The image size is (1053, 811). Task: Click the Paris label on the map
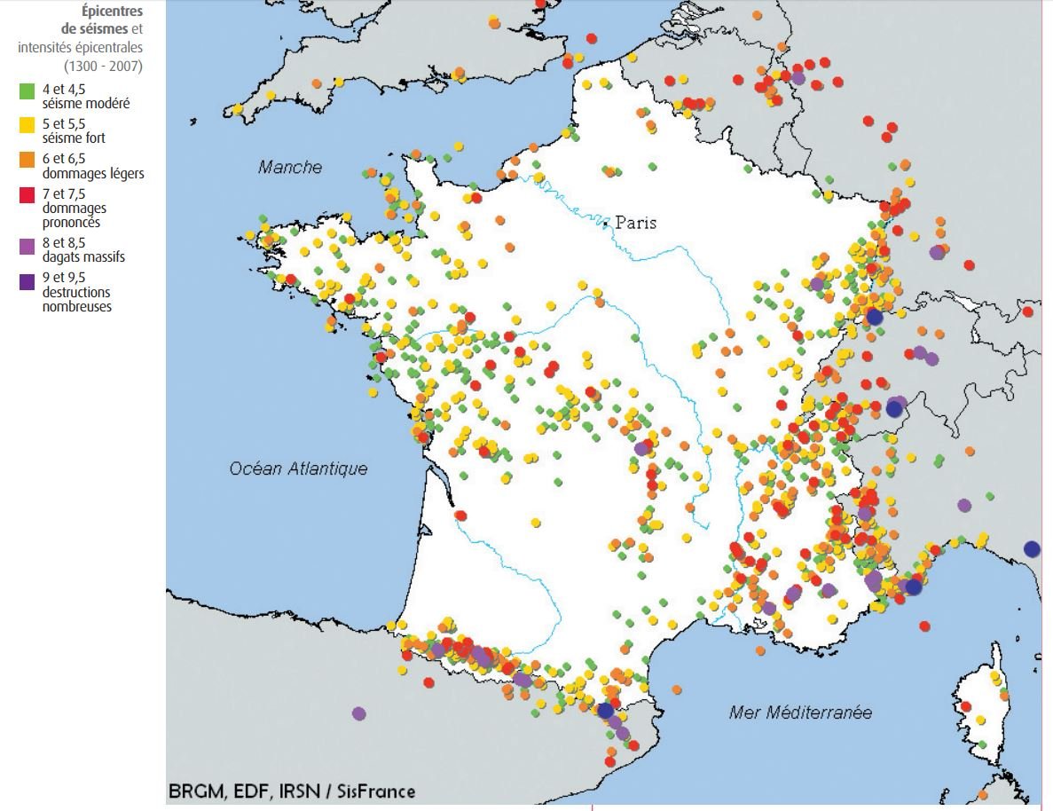pos(636,223)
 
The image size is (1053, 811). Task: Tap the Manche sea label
pos(290,167)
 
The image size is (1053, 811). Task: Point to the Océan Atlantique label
pos(298,468)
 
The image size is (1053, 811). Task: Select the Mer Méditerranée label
pos(800,712)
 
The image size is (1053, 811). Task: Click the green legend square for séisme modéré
pos(28,90)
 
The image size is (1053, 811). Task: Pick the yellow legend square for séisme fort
pos(28,125)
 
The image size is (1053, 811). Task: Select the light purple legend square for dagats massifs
pos(28,245)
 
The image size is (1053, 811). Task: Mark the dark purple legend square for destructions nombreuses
pos(28,281)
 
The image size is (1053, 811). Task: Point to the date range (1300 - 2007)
pos(103,65)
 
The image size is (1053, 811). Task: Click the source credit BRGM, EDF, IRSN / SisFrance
pos(293,791)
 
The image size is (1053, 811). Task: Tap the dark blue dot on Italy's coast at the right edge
pos(1032,548)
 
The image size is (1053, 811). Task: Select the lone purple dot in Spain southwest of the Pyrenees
pos(358,713)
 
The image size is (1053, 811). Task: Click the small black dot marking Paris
pos(606,224)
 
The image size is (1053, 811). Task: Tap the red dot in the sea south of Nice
pos(925,626)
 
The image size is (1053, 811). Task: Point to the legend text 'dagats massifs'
pos(83,257)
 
